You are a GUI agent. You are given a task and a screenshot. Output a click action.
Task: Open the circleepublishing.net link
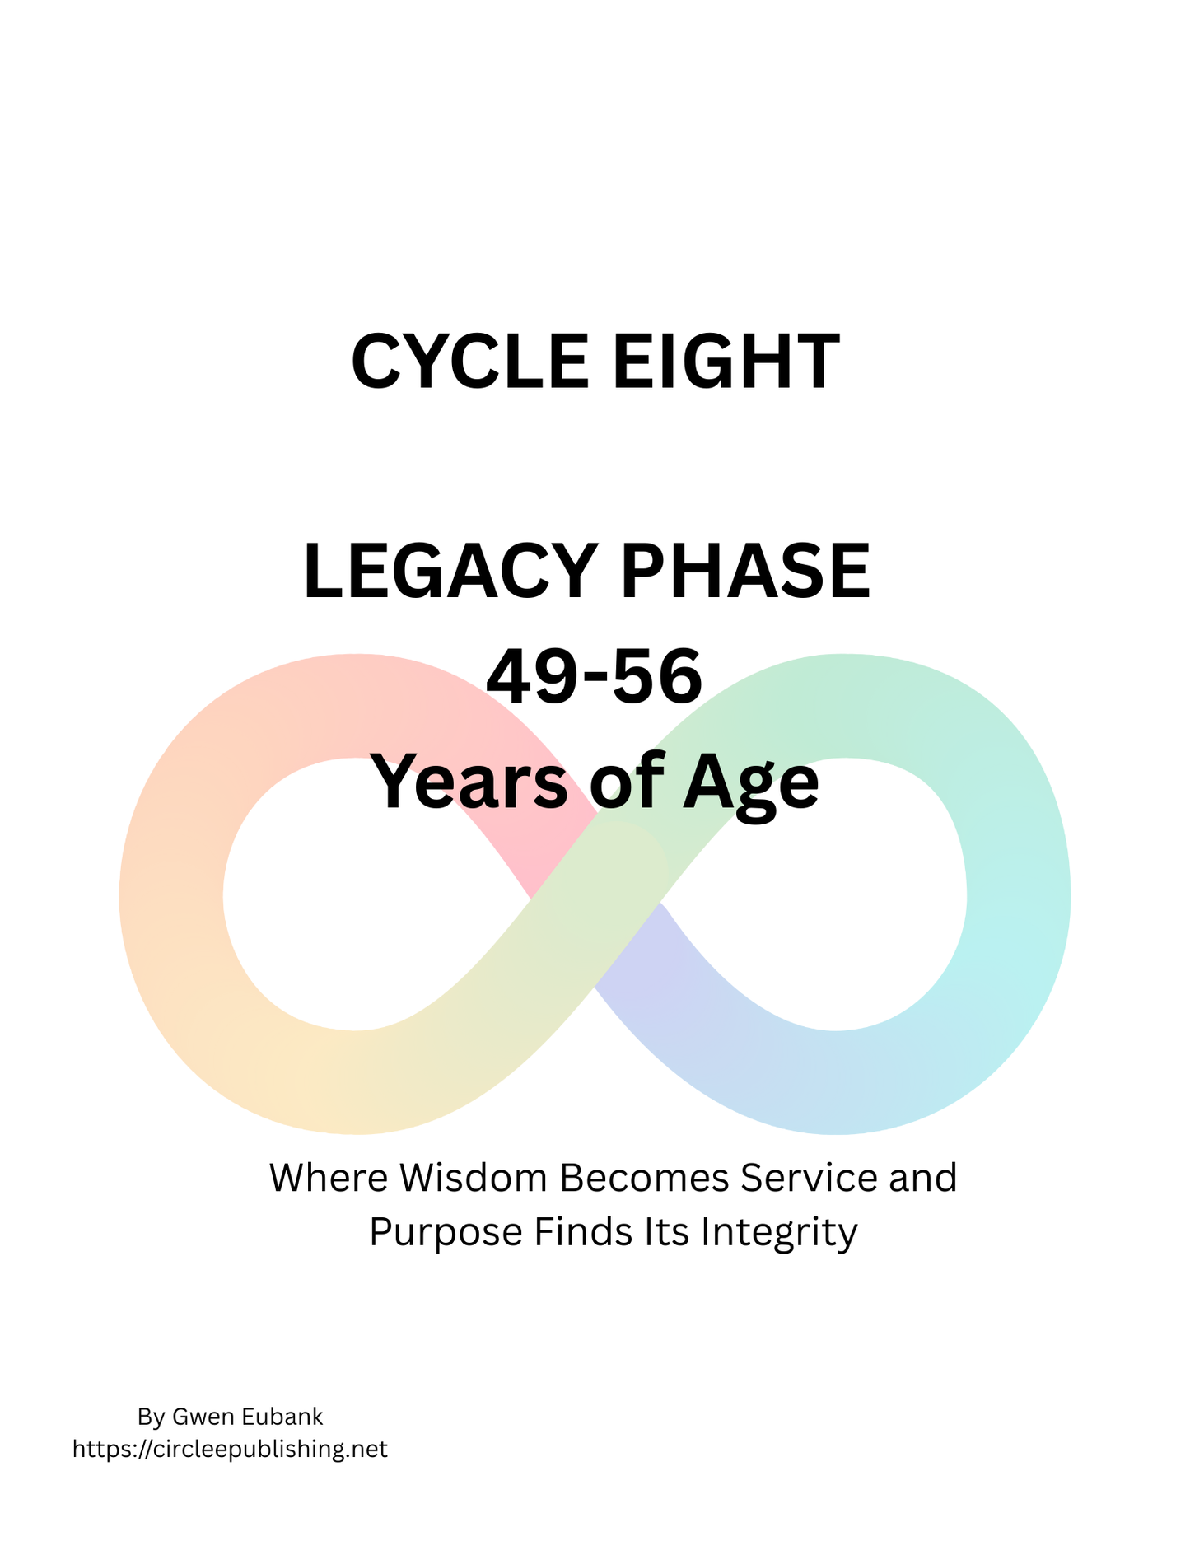230,1449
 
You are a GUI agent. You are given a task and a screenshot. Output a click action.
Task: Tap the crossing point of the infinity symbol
597,898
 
